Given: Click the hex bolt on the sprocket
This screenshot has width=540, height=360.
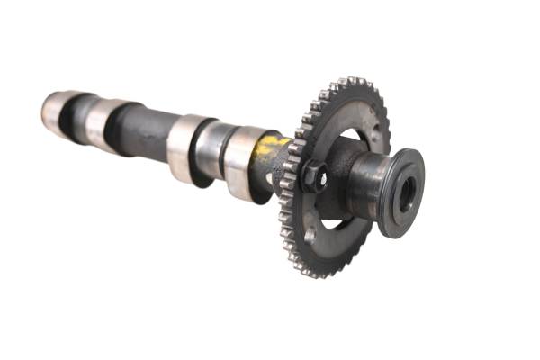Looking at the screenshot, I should point(311,175).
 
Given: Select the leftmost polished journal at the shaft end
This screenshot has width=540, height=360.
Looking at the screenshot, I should point(56,112).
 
